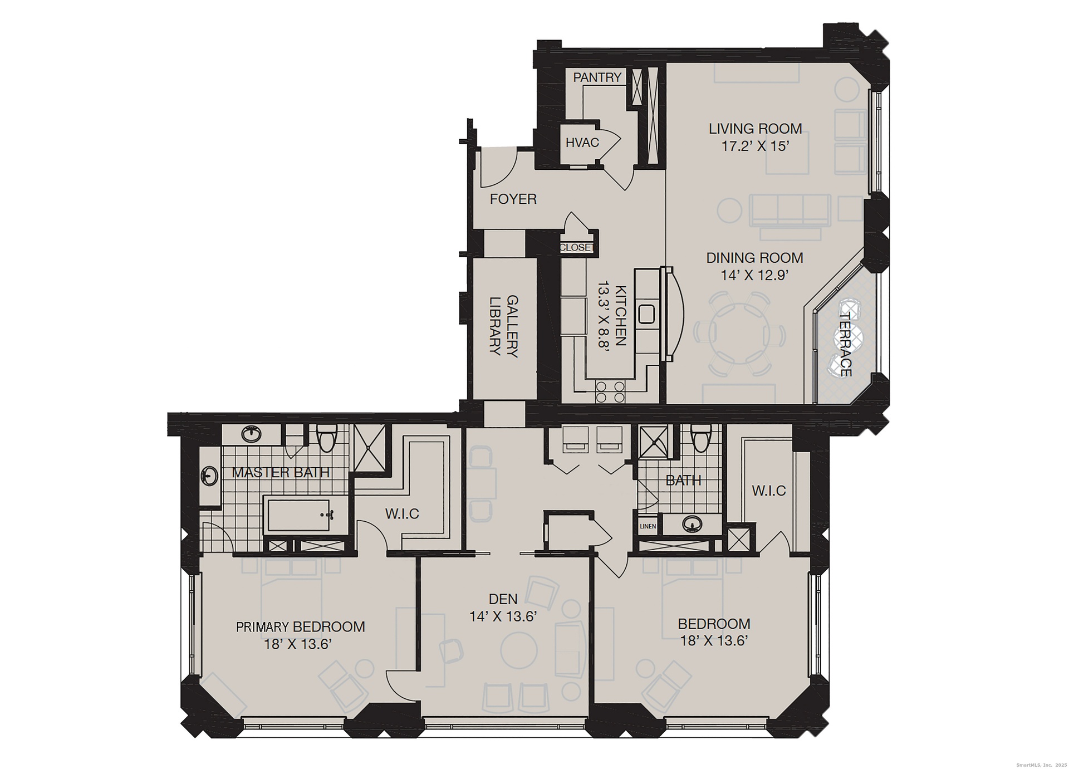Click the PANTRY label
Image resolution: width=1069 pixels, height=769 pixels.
coord(597,77)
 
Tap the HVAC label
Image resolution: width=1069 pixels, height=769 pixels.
coord(582,143)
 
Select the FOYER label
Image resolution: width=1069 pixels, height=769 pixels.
coord(513,199)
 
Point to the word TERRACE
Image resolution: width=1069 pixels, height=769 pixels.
coord(846,344)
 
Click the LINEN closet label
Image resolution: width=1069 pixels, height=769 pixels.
coord(648,526)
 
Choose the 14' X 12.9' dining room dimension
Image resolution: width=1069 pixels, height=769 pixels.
coord(755,275)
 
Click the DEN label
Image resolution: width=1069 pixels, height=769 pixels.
coord(503,599)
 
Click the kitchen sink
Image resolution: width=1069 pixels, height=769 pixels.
coord(648,315)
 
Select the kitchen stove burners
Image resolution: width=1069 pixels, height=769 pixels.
coord(610,391)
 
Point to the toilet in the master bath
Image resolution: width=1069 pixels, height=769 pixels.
coord(326,438)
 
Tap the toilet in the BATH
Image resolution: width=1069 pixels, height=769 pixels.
coord(700,438)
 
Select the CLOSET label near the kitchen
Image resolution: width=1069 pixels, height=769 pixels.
coord(577,248)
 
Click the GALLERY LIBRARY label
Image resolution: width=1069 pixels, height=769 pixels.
coord(504,326)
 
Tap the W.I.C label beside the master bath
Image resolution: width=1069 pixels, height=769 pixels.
coord(402,513)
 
